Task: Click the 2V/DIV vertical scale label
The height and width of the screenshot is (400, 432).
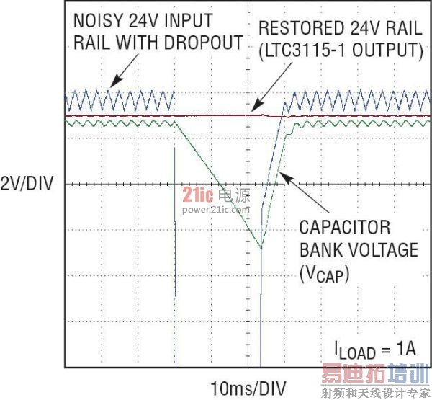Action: [x=27, y=184]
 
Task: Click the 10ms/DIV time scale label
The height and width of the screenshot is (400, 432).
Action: [x=248, y=388]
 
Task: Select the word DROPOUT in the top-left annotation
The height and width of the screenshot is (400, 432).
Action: [x=203, y=43]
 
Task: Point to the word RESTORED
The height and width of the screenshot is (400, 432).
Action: [x=301, y=28]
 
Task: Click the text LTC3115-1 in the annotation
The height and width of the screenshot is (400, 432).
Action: [x=305, y=50]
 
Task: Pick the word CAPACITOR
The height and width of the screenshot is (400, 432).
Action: [x=345, y=227]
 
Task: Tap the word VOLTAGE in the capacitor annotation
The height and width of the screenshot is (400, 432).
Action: [x=384, y=249]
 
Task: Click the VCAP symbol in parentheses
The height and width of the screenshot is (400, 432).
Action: [x=324, y=274]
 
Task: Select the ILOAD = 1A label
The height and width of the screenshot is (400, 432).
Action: [x=375, y=350]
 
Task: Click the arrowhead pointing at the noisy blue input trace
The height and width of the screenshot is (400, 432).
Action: [x=115, y=81]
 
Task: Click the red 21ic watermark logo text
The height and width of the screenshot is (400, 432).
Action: [x=198, y=195]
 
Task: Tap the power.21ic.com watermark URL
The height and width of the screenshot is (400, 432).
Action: [x=215, y=210]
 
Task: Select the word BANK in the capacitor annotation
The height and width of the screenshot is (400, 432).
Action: [x=321, y=249]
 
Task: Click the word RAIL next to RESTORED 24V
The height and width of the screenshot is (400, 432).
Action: [x=404, y=28]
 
